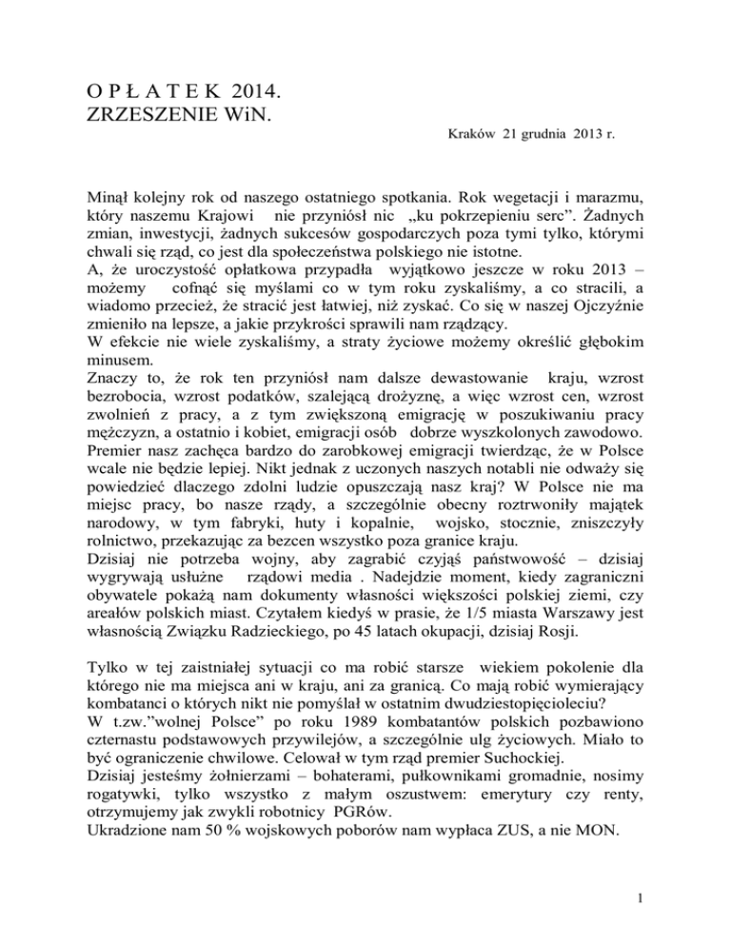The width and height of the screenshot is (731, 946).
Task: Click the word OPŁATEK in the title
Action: tap(139, 92)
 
